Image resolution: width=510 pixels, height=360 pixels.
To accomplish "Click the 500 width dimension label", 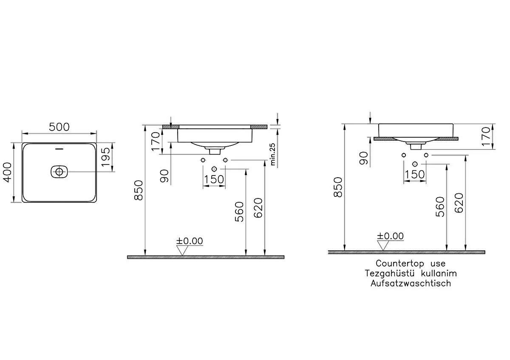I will pyautogui.click(x=59, y=127).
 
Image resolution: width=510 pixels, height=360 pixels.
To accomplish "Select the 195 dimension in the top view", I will pyautogui.click(x=107, y=157).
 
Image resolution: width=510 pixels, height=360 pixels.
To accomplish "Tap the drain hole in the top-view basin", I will pyautogui.click(x=59, y=172).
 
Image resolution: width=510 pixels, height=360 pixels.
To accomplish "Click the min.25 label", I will pyautogui.click(x=273, y=153).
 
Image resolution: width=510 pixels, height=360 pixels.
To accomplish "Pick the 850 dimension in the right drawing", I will pyautogui.click(x=338, y=187).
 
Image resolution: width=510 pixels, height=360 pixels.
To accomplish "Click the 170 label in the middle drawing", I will pyautogui.click(x=156, y=142).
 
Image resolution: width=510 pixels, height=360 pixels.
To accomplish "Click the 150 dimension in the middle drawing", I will pyautogui.click(x=213, y=179).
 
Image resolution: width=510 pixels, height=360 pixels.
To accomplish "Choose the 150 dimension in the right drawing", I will pyautogui.click(x=415, y=175).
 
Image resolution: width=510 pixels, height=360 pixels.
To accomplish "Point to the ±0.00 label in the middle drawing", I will pyautogui.click(x=190, y=241).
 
